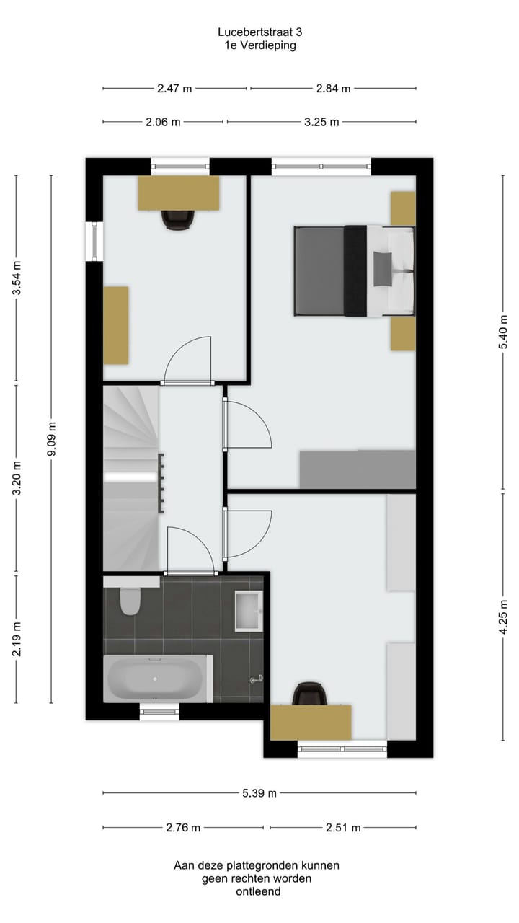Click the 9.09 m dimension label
(x=51, y=438)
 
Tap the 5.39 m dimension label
(x=259, y=793)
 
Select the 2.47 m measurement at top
(x=174, y=89)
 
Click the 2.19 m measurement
(x=17, y=639)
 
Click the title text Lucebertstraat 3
(x=259, y=32)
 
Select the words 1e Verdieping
(x=259, y=45)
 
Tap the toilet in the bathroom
(x=130, y=601)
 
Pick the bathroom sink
(x=249, y=611)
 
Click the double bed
(x=353, y=271)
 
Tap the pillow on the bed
(x=383, y=269)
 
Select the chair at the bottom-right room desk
(x=309, y=694)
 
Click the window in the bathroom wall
(x=159, y=712)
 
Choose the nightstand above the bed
(x=403, y=208)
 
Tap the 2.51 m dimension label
(x=342, y=827)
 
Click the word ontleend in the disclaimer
(x=257, y=892)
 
